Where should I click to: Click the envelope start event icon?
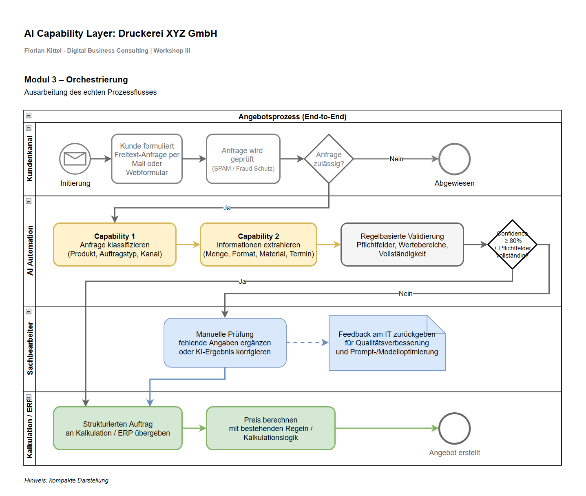tap(75, 159)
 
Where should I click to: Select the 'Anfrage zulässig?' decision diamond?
tap(329, 159)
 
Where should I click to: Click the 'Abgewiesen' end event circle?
tap(454, 159)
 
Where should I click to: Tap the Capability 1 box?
tap(115, 245)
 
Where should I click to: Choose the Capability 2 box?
tap(259, 245)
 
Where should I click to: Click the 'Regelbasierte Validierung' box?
tap(402, 245)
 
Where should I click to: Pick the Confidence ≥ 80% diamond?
tap(512, 245)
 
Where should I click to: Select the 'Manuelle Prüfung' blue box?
tap(225, 343)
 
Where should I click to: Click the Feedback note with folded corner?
tap(387, 343)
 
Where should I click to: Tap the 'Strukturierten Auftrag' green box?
tap(117, 428)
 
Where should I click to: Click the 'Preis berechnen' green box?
tap(270, 428)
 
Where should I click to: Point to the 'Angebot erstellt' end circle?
tap(454, 428)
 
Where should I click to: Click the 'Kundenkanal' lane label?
tap(30, 159)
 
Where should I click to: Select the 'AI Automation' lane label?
tap(30, 250)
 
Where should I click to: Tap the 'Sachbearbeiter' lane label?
tap(30, 349)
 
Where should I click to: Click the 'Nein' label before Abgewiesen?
tap(396, 159)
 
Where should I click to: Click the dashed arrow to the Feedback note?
tap(307, 343)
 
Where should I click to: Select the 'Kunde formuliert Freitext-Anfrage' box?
tap(147, 159)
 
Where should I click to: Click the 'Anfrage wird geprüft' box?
tap(243, 159)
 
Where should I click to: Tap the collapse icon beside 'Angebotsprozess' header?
tap(29, 116)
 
